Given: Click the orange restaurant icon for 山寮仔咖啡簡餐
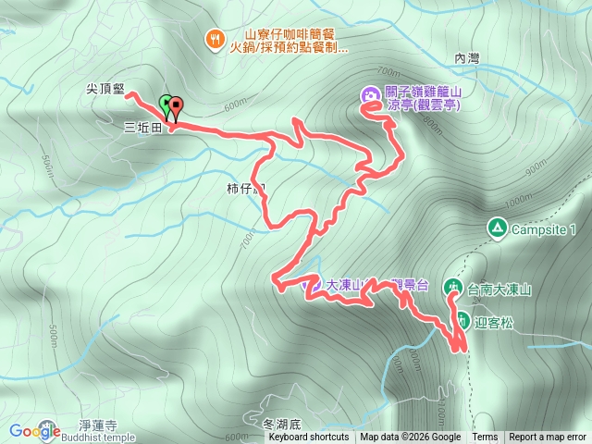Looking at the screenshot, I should coord(215,38).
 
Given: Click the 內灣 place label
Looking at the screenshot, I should coord(468,58).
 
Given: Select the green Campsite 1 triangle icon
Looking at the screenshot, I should coord(497,228).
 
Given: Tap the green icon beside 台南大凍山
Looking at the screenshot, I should coord(453,288).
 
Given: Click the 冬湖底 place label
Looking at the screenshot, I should coord(282,425).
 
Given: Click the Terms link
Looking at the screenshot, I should coord(485,438).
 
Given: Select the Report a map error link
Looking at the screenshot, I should coord(548,438).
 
